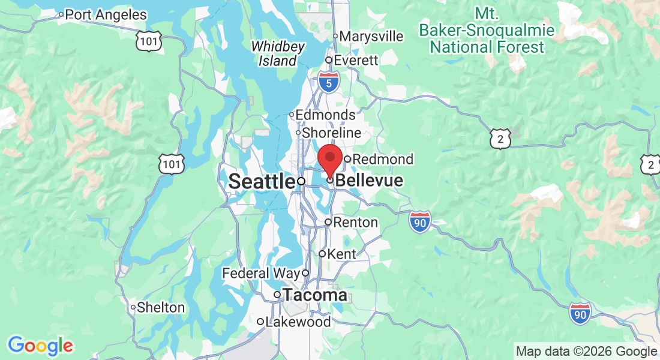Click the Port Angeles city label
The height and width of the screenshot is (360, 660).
pyautogui.click(x=105, y=14)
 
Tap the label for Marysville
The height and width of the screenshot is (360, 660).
pyautogui.click(x=371, y=36)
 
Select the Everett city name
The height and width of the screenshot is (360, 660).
pyautogui.click(x=356, y=61)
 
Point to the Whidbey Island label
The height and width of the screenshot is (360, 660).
pyautogui.click(x=278, y=53)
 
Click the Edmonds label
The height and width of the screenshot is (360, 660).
pyautogui.click(x=326, y=115)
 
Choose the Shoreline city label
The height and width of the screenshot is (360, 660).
pyautogui.click(x=332, y=133)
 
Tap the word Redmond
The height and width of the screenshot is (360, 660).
pyautogui.click(x=383, y=159)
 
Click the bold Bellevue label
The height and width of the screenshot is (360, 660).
pyautogui.click(x=369, y=181)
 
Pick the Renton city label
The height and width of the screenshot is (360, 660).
pyautogui.click(x=355, y=222)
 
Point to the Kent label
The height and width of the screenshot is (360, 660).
pyautogui.click(x=342, y=254)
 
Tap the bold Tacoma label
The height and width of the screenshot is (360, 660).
pyautogui.click(x=314, y=295)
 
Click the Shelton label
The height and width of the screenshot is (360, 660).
pyautogui.click(x=161, y=307)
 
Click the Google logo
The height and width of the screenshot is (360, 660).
pyautogui.click(x=40, y=346)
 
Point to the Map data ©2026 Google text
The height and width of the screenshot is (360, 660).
pyautogui.click(x=586, y=352)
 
